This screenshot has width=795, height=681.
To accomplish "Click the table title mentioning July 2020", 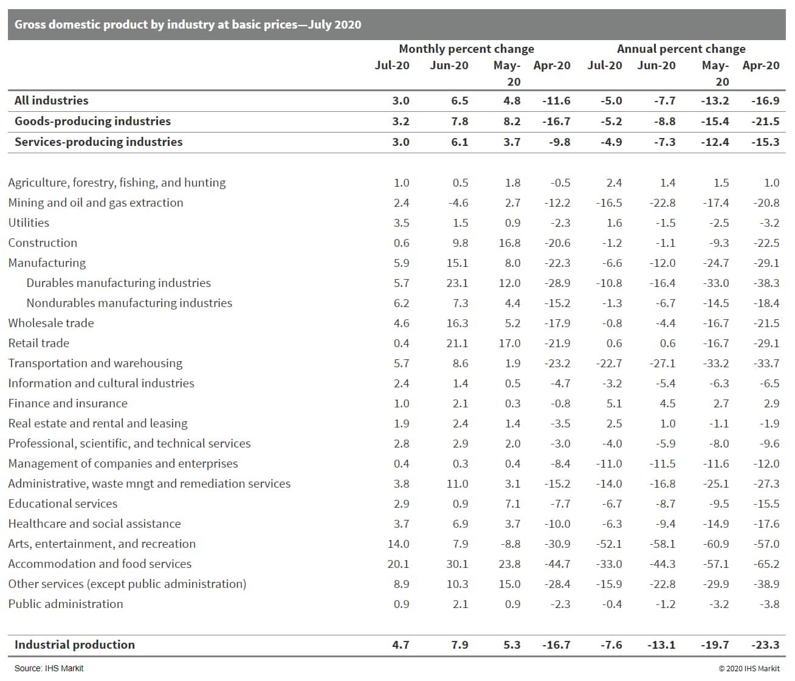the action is click(x=188, y=24).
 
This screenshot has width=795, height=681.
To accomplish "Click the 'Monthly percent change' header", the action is click(x=466, y=49).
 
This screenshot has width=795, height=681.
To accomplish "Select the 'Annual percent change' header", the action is click(x=681, y=49).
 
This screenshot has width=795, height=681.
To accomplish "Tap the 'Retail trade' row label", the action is click(x=39, y=343).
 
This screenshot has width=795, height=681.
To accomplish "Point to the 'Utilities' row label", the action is click(x=29, y=223).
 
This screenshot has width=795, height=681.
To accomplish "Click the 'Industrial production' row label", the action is click(x=75, y=645).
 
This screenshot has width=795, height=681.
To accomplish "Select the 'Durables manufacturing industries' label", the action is click(x=119, y=283).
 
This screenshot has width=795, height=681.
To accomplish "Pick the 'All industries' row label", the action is click(x=52, y=100).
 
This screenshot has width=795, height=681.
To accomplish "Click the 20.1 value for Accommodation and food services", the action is click(x=398, y=564).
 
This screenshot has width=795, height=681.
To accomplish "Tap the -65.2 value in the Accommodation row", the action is click(x=766, y=564).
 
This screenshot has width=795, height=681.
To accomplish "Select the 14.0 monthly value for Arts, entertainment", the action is click(x=398, y=544).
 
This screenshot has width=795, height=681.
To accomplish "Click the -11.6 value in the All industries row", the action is click(x=556, y=100).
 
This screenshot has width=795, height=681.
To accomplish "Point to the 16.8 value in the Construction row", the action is click(x=509, y=243).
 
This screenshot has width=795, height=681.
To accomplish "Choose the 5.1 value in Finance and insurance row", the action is click(x=614, y=403).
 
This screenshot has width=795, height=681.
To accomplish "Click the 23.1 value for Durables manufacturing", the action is click(x=457, y=283).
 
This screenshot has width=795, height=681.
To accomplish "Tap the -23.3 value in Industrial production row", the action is click(x=765, y=645).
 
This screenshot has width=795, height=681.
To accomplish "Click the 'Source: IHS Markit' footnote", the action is click(x=49, y=668).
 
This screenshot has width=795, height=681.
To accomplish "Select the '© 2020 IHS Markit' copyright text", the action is click(x=749, y=668).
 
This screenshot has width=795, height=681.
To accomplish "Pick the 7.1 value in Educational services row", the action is click(x=513, y=503).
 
